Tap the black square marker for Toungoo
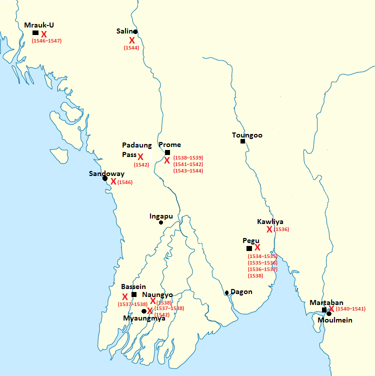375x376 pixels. coord(242,141)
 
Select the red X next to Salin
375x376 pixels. coord(132,40)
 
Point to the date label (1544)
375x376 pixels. coord(131,48)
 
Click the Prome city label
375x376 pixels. coord(169,145)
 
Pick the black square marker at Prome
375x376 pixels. coord(167,152)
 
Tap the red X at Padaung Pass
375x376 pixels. coord(140,157)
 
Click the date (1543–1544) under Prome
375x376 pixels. coord(187,171)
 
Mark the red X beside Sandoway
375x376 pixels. coord(113,181)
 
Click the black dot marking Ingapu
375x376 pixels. coord(161,222)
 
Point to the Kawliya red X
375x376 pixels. coord(269,229)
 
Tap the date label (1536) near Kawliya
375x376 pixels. coord(281,229)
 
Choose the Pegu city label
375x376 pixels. coord(251,240)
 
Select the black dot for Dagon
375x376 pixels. coord(227,292)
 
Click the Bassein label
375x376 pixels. coord(133,286)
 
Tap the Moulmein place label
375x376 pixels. coord(335,320)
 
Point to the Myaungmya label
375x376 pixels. coord(144,318)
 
